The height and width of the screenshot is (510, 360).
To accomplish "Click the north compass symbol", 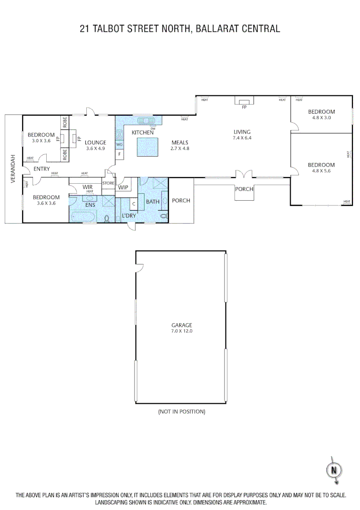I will pos(334,470).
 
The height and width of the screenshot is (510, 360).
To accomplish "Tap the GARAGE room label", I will pos(182,325).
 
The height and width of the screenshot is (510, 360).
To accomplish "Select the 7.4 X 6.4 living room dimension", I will pos(243,138).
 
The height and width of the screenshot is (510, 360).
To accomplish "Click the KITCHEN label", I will pos(142,133).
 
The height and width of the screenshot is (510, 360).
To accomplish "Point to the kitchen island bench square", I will pos(147,147).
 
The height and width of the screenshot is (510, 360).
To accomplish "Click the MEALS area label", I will pos(180,142).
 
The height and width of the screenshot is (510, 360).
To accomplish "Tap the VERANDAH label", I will pos(13,169).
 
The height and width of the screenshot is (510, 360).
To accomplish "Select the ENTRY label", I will pos(42,169).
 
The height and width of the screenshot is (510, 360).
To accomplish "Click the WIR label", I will pos(88,187).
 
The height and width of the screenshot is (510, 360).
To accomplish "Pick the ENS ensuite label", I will pos(90,205).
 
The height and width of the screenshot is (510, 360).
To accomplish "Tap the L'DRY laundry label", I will pos(129,216).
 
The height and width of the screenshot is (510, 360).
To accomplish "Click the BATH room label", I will pos(152,202).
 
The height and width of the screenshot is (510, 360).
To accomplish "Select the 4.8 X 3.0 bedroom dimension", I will pos(321,118).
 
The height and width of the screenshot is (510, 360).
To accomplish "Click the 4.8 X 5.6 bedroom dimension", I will pos(321,171).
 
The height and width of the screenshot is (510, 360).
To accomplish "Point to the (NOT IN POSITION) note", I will pos(182,411).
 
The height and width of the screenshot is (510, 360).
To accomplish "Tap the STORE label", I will pos(109,183).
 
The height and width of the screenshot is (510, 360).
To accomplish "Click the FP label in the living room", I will pos(244,108).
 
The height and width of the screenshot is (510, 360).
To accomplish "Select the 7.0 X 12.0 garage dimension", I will pos(182,331).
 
